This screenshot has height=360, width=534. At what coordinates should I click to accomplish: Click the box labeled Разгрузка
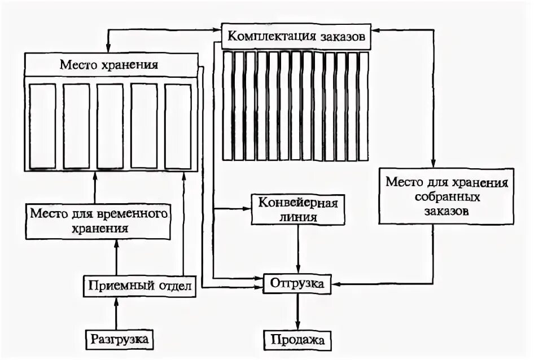point(120,339)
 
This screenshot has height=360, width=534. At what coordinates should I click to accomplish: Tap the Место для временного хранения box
point(99,221)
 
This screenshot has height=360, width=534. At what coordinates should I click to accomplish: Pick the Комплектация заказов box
point(296,36)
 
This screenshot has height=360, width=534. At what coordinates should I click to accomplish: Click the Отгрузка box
point(297,283)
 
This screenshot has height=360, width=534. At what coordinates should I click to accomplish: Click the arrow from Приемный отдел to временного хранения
point(117,256)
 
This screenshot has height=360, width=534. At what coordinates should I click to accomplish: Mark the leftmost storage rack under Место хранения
point(42,126)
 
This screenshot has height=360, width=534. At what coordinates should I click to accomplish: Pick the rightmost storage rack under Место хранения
point(178,126)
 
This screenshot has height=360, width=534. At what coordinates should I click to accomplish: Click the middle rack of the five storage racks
point(110,126)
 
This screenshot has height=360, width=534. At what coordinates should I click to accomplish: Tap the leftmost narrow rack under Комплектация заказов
point(228,106)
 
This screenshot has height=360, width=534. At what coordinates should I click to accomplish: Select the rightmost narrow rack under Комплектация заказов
point(364,106)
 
